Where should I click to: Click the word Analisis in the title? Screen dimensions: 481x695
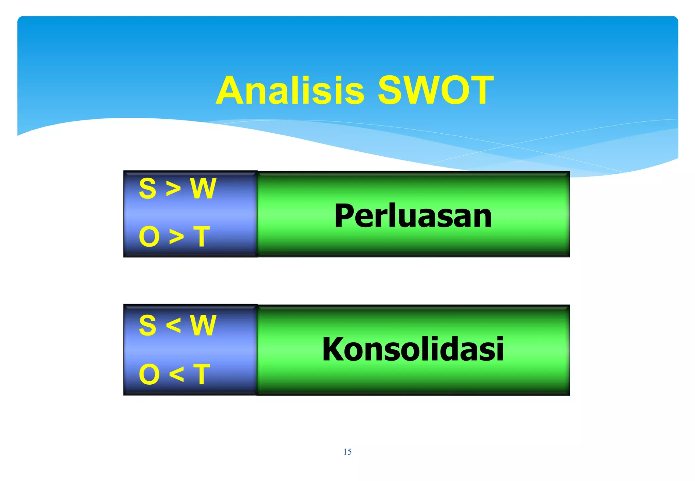coord(290,91)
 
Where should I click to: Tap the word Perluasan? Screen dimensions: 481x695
coord(413,216)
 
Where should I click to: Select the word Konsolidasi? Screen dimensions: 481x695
coord(413,349)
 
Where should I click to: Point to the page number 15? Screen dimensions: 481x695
coord(347,452)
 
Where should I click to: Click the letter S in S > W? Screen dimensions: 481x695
coord(148,188)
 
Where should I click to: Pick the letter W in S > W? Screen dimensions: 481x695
coord(203,188)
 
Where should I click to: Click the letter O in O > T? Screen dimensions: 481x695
coord(149,236)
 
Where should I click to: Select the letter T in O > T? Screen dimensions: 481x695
coord(202,236)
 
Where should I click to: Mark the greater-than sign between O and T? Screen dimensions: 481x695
coord(176,237)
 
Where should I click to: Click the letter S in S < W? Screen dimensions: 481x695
coord(148,325)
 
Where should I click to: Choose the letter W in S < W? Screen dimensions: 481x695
coord(203,325)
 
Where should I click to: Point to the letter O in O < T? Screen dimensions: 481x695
coord(149,374)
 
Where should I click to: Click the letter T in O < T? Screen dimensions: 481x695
coord(202,374)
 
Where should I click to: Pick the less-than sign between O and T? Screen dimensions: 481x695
coord(176,374)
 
